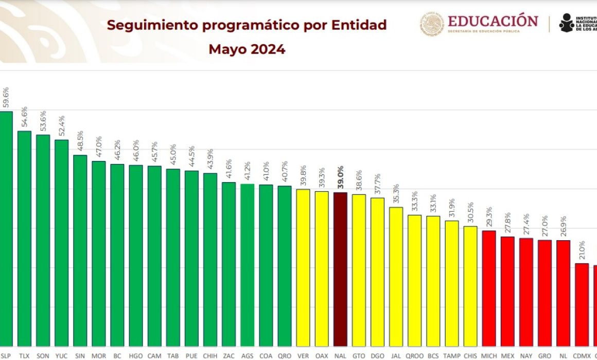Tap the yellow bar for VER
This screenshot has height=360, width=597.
[x=303, y=267]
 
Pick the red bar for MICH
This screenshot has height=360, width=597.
[x=489, y=288]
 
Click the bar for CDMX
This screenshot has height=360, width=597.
[x=582, y=304]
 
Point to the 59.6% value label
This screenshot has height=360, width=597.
[x=6, y=97]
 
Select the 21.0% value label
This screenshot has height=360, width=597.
[x=582, y=251]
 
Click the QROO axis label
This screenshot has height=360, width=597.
[x=414, y=355]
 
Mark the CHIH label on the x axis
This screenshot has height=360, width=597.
[x=210, y=355]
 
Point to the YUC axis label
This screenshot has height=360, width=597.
[x=61, y=355]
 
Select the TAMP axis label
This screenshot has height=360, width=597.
[x=452, y=355]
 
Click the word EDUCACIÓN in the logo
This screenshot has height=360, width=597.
[x=493, y=21]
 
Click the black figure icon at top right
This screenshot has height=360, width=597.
[x=567, y=23]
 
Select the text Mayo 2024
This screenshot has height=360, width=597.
[x=247, y=49]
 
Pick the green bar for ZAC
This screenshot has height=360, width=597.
[x=229, y=264]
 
